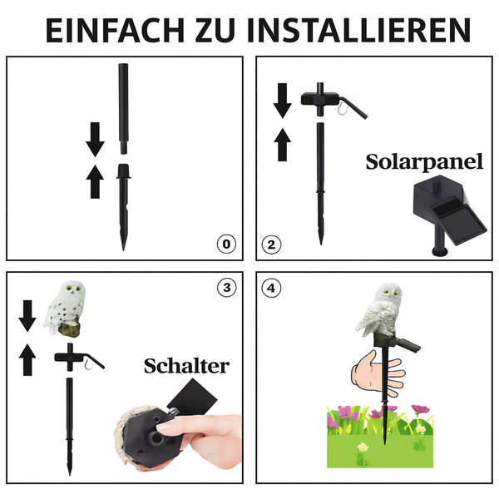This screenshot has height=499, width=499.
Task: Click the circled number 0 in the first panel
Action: tap(225, 245)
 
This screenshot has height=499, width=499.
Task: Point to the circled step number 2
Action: tap(271, 245)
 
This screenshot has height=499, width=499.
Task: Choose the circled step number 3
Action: tap(225, 289)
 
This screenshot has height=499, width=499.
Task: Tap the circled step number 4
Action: tap(271, 289)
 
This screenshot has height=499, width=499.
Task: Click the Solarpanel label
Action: tap(424, 161)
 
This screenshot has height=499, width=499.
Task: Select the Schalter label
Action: tap(186, 365)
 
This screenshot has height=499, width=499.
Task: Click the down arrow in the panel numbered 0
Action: tap(95, 142)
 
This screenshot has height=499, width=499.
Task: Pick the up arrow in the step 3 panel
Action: tap(27, 359)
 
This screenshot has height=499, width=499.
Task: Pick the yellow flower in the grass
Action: tap(362, 449)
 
